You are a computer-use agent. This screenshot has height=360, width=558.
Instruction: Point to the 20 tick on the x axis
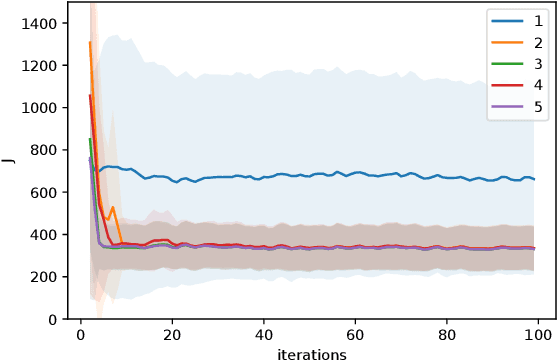(172, 335)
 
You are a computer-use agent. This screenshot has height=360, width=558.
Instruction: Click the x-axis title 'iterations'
(311, 353)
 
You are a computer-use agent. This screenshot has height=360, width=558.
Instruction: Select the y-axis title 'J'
(11, 161)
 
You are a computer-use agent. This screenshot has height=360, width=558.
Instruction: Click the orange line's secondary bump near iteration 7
(112, 208)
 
